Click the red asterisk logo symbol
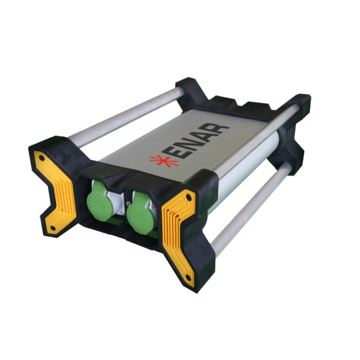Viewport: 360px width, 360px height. [x=164, y=160]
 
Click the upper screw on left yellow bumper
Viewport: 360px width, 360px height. [x=42, y=158]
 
